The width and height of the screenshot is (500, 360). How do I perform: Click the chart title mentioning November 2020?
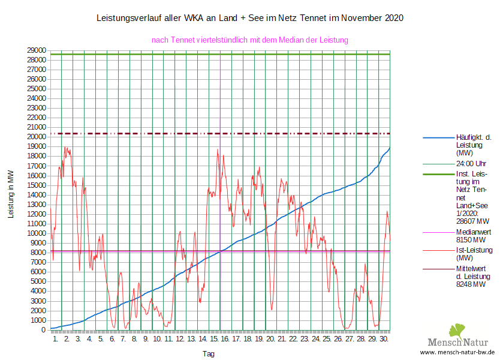pos(249,18)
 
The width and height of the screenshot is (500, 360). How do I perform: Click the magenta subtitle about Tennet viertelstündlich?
pos(250,40)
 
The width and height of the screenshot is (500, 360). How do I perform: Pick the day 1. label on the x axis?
pos(55,339)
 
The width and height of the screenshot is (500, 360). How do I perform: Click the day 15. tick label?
pos(213,339)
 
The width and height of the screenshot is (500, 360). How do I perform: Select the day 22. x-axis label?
pos(293,339)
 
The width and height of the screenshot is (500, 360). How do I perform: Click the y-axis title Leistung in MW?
pos(11,193)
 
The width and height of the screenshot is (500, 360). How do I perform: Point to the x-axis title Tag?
pos(208,354)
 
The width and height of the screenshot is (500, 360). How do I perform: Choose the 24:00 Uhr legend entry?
pos(471,163)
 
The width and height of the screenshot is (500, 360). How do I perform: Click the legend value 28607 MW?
pos(471,220)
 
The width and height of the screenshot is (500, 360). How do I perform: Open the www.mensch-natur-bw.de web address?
pos(457,352)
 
